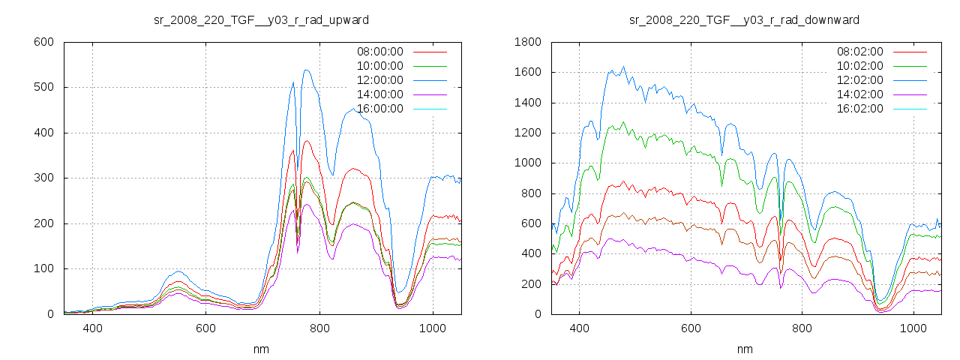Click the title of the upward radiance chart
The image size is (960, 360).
[261, 19]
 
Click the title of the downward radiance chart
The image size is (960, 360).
[744, 19]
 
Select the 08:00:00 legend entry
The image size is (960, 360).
[379, 52]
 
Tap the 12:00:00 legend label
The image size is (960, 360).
[379, 80]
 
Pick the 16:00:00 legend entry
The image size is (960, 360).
[379, 109]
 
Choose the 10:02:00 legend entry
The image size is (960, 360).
[859, 66]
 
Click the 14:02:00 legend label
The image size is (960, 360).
[859, 94]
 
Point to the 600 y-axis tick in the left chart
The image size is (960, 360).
[43, 42]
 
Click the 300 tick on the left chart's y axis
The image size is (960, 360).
[43, 178]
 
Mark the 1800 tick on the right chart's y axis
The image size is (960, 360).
[526, 42]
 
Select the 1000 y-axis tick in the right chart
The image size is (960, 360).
[526, 163]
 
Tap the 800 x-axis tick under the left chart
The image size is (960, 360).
[319, 328]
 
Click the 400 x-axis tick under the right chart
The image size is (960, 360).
[579, 328]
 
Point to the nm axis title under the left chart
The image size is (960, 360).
[262, 349]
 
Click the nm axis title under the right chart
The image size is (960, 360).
[745, 349]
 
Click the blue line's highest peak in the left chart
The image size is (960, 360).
[306, 70]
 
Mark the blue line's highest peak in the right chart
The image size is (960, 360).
[623, 67]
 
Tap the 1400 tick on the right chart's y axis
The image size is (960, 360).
[526, 103]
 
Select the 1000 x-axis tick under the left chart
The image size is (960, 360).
[433, 328]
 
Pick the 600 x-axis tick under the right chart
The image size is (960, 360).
[691, 328]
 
